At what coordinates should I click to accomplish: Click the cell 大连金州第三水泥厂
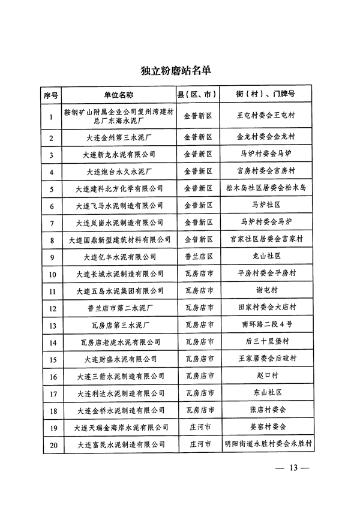click(120, 138)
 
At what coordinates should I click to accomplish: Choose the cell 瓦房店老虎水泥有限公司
click(120, 342)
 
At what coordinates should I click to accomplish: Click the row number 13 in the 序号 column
click(52, 326)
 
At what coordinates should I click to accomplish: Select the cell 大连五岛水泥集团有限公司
click(120, 291)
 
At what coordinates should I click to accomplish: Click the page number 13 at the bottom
click(292, 468)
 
